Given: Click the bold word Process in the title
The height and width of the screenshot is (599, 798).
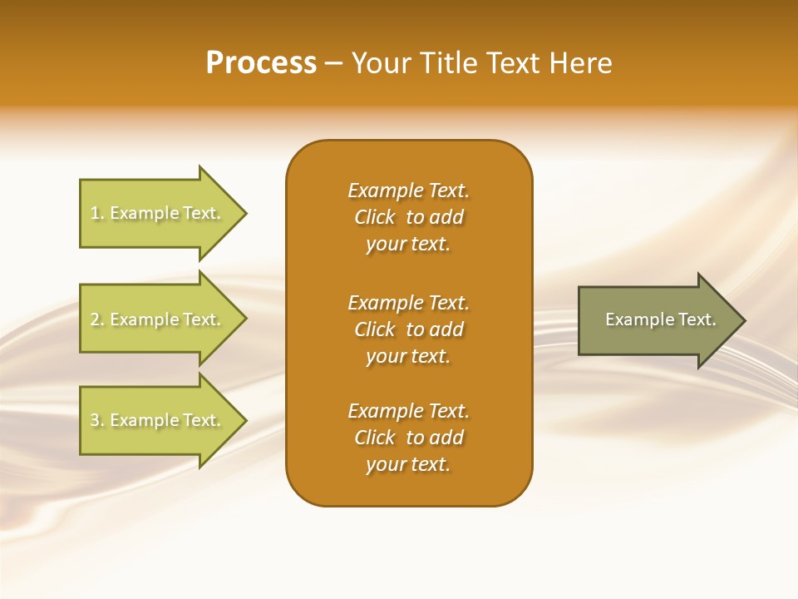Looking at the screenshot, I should (261, 63).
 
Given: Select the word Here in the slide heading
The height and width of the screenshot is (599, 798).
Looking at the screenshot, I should (580, 63).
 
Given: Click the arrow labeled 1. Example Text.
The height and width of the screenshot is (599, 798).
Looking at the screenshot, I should (158, 213).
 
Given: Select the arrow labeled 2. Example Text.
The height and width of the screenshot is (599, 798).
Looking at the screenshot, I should (158, 319).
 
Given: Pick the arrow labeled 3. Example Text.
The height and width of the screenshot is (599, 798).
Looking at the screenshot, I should (158, 420).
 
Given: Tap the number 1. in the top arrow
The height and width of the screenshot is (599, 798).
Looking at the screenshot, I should (97, 214).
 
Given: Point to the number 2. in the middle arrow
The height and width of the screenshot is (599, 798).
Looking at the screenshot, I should (97, 319).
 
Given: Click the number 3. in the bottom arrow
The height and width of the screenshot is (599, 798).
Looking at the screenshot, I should (97, 420).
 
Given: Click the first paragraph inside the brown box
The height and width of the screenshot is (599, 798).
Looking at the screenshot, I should (408, 217).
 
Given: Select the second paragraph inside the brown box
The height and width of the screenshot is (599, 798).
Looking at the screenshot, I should (408, 329).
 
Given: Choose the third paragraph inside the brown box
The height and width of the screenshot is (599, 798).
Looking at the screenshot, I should (408, 438).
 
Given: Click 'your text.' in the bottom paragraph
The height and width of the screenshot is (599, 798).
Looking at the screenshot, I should (408, 464).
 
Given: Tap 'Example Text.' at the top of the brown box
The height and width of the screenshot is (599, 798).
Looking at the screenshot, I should (408, 191).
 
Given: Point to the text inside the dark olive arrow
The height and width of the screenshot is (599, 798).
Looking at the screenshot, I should (660, 319).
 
